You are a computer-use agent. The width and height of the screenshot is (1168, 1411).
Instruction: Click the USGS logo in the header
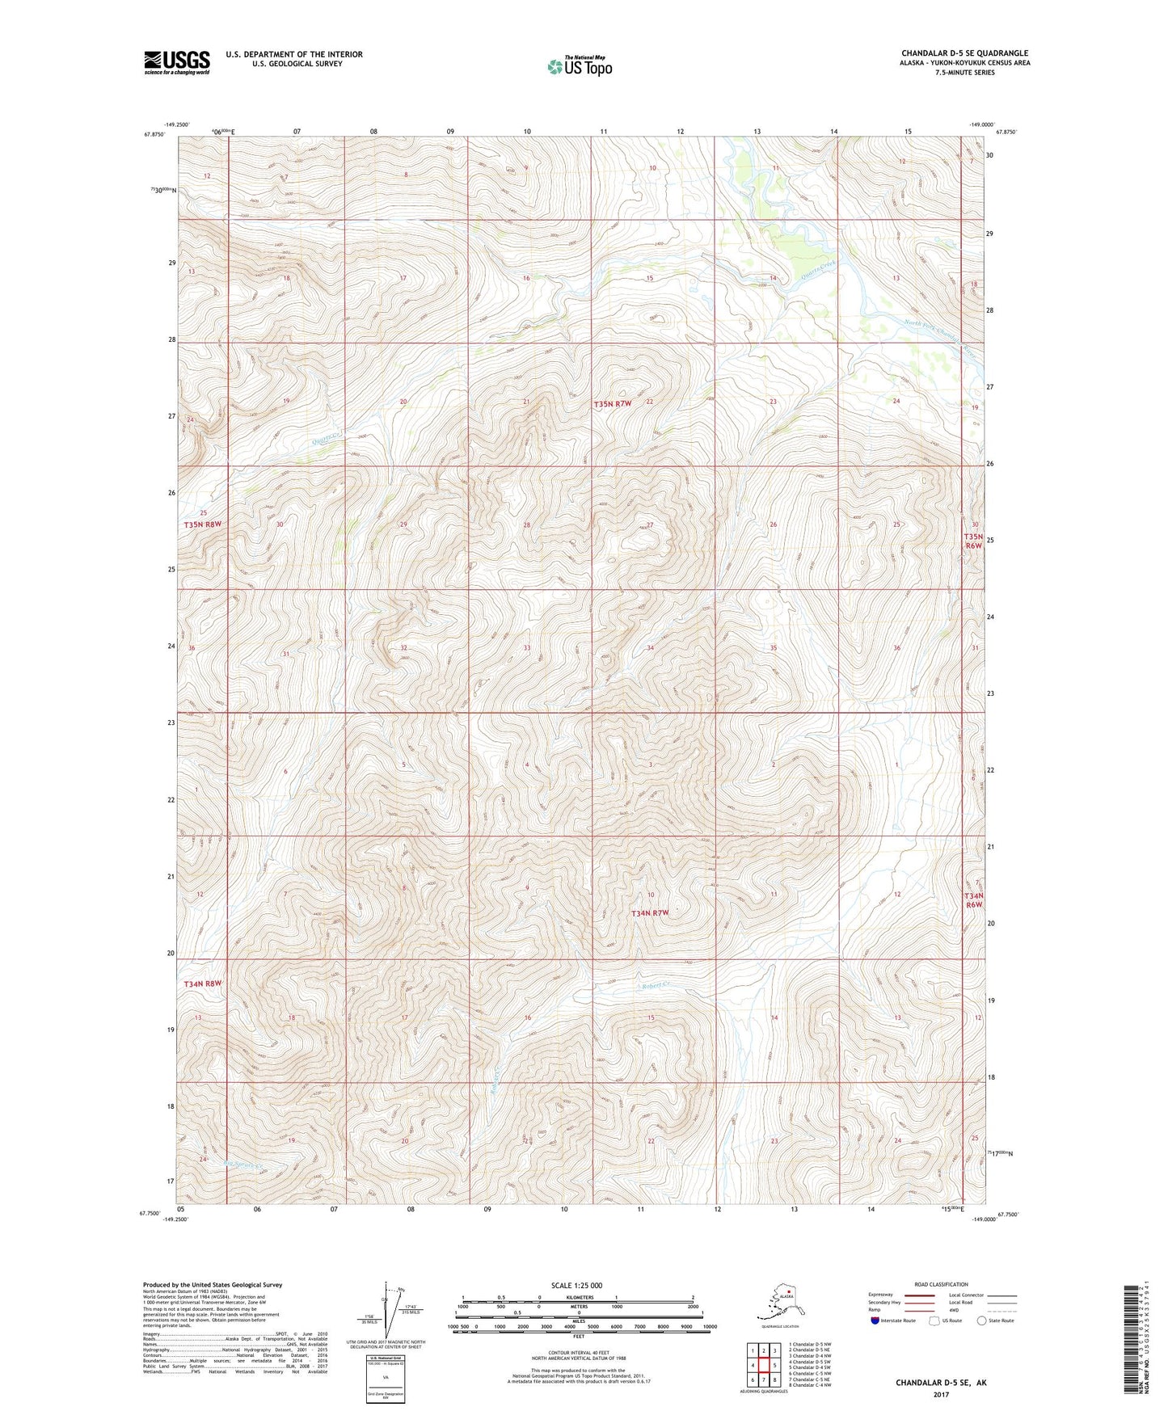(176, 62)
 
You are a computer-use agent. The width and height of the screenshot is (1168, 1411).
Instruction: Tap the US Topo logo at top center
(579, 65)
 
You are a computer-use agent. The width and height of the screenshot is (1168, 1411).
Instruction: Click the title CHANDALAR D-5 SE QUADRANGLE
(964, 53)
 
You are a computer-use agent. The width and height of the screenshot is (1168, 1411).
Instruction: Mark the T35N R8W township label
(202, 524)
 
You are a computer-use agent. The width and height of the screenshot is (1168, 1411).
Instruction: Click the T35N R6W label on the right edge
(973, 541)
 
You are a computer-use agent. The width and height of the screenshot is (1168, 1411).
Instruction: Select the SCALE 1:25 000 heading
(577, 1285)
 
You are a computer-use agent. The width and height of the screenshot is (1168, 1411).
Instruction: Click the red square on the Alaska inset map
(789, 1301)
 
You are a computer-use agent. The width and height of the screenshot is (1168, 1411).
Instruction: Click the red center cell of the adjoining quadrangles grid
(764, 1366)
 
